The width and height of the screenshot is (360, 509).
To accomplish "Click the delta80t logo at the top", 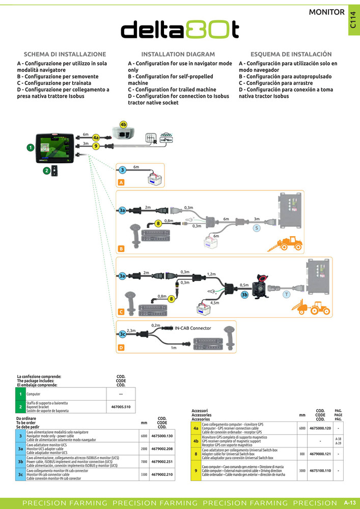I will [x=180, y=30].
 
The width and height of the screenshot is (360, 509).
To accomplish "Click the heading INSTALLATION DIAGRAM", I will [x=178, y=54].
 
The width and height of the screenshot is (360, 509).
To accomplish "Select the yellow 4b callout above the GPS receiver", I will [x=123, y=125].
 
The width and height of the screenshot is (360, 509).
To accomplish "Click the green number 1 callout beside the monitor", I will [x=30, y=147].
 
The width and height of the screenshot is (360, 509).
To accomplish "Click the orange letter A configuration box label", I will [x=121, y=182].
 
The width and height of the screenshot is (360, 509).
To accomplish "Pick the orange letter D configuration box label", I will [x=121, y=348].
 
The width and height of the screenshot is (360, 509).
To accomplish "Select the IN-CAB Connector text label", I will [x=193, y=328].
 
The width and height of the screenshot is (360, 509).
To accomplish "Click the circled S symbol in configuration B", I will [x=257, y=228].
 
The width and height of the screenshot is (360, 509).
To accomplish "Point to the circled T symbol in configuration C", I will [x=286, y=294].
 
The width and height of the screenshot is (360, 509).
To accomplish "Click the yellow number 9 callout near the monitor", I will [x=96, y=146].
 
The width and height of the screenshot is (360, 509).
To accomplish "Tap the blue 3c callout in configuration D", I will [x=122, y=334].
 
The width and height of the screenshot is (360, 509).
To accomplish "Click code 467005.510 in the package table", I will [x=121, y=407].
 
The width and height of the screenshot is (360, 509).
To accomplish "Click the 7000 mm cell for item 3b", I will [x=144, y=462].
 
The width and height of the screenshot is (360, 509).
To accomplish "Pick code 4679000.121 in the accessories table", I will [x=320, y=454].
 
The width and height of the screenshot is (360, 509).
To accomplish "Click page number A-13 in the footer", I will [x=349, y=502].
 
